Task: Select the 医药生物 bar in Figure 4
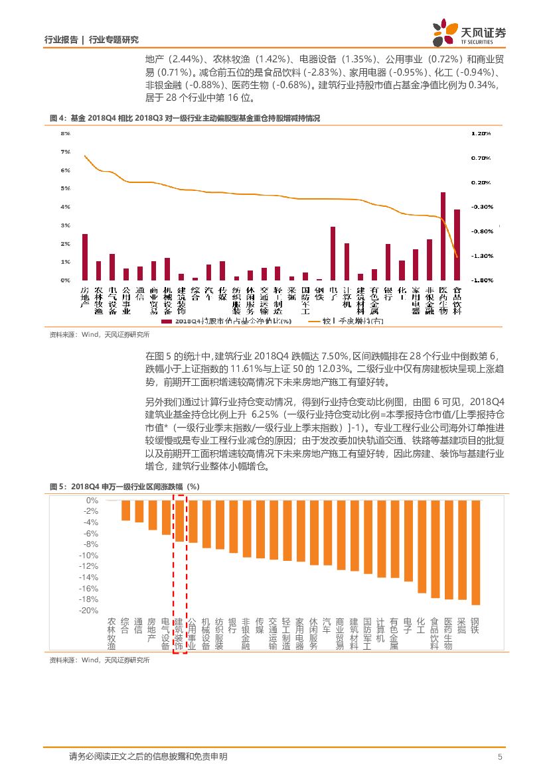[x=443, y=236]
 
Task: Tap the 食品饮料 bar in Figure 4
[x=457, y=245]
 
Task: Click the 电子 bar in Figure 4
[x=333, y=253]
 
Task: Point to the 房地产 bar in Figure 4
[x=85, y=257]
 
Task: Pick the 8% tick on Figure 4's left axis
[x=66, y=134]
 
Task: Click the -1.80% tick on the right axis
[x=481, y=280]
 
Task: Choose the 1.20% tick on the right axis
[x=481, y=134]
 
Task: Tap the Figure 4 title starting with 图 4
[x=185, y=118]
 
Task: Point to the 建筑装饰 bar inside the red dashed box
[x=179, y=521]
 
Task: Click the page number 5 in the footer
[x=500, y=756]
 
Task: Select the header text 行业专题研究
[x=114, y=40]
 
